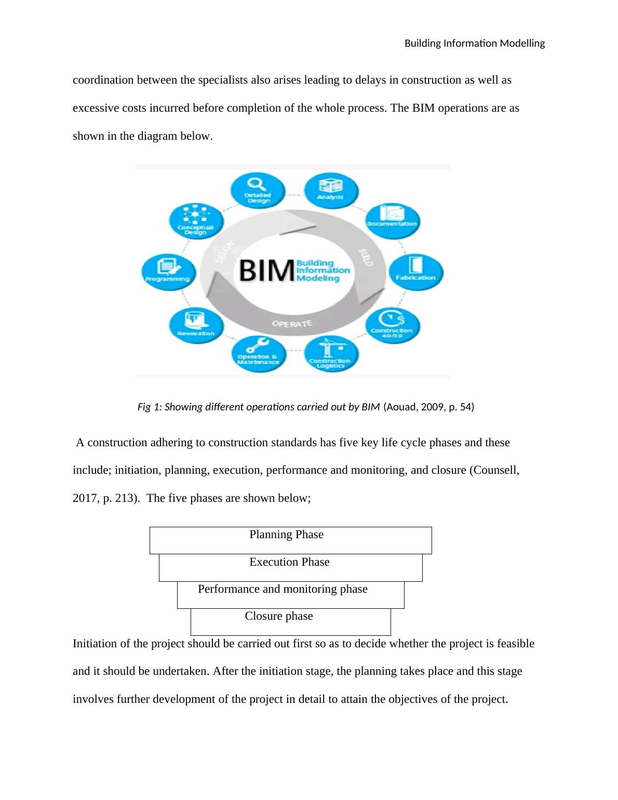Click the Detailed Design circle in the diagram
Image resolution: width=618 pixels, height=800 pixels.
tap(258, 191)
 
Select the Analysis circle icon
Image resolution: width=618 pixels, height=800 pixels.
tap(330, 190)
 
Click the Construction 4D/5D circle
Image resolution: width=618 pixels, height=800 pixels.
tap(392, 325)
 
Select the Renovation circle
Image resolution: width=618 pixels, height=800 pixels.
tap(196, 326)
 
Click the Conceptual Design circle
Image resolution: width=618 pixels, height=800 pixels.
tap(196, 221)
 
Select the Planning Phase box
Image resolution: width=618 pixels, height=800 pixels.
tap(290, 540)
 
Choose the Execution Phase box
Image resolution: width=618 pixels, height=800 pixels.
tap(290, 567)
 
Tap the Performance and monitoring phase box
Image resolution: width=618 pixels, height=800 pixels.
tap(290, 595)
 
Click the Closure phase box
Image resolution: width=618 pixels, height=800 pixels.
tap(290, 622)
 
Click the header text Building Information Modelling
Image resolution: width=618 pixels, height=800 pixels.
tap(474, 44)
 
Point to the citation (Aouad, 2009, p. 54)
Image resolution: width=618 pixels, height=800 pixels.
tap(428, 407)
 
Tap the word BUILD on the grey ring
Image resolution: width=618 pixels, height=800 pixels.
tap(366, 257)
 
